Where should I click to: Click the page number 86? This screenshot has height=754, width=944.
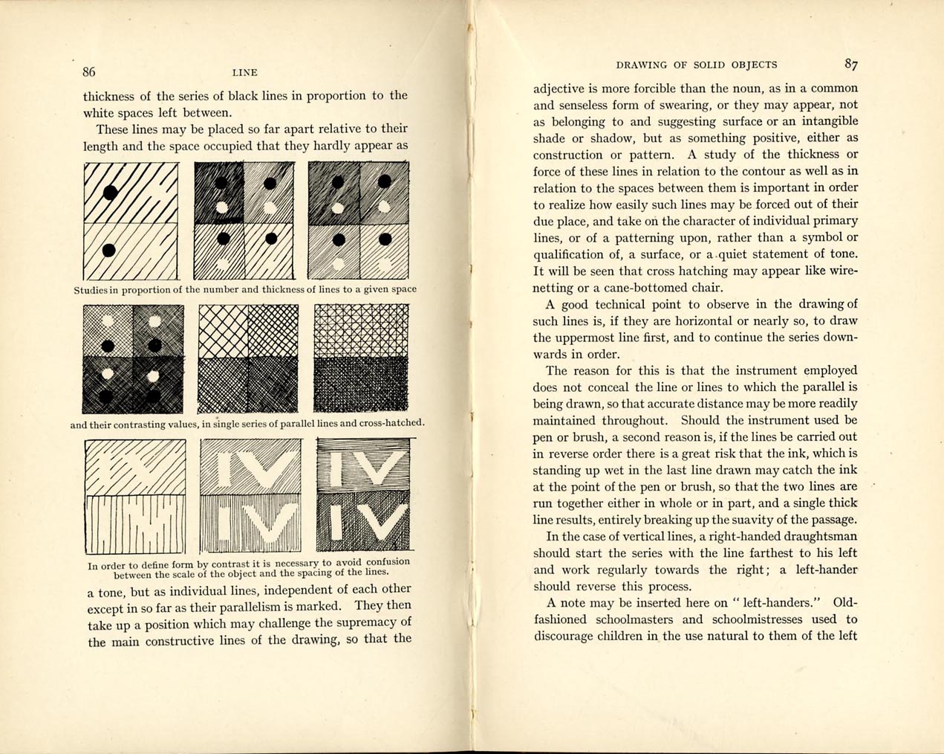[x=89, y=72]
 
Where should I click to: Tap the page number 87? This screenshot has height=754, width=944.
[x=851, y=64]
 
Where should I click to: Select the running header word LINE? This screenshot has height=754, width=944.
[x=244, y=73]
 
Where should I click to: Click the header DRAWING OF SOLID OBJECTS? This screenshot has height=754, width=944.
[x=697, y=65]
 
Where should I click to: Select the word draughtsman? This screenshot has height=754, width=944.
[x=815, y=536]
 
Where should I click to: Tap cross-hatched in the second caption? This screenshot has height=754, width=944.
[x=391, y=423]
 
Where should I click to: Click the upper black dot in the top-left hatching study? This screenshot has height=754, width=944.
[x=110, y=193]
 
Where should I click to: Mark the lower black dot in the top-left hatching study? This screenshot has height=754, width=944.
[x=109, y=249]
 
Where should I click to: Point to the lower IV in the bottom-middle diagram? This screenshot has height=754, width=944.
[x=250, y=521]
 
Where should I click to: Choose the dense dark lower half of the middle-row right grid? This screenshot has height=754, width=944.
[x=360, y=384]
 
